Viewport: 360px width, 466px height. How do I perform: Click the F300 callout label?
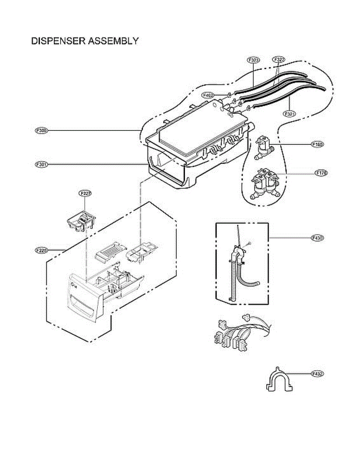point(41,131)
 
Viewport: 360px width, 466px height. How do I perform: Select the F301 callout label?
point(41,165)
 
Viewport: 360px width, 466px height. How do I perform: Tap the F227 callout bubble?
point(85,193)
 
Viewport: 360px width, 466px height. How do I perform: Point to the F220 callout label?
point(41,250)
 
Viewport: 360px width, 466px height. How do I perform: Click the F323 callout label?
point(253,60)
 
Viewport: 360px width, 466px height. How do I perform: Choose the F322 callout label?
point(279,60)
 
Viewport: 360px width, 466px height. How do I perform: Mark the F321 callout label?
point(290,114)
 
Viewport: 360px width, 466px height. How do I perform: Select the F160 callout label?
point(318,144)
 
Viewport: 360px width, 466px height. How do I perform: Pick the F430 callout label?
point(317,237)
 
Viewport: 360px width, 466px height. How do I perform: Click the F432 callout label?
point(318,374)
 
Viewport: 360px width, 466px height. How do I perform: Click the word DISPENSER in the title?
point(57,41)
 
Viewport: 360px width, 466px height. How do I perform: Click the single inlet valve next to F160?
point(264,147)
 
